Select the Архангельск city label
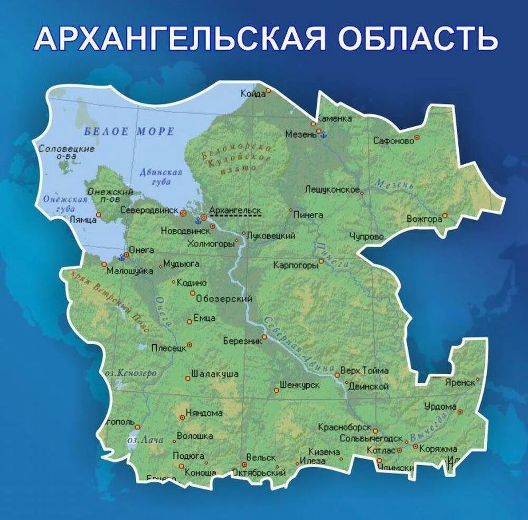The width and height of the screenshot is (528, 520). (235, 210)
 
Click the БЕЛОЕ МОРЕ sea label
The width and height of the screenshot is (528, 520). (129, 131)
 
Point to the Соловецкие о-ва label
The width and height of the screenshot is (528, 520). (67, 152)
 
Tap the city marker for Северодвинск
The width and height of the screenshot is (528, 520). (183, 213)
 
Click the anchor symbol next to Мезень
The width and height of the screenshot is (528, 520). (324, 135)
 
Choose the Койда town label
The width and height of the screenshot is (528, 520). (253, 94)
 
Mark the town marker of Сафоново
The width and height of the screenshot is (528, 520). (417, 137)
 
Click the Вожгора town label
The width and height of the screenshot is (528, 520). (424, 219)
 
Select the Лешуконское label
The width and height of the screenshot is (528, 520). (332, 190)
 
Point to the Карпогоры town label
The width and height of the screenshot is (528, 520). (296, 265)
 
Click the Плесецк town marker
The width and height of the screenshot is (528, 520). (189, 345)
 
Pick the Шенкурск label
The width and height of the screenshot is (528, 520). (299, 385)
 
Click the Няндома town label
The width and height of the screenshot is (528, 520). (204, 413)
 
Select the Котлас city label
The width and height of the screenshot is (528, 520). (381, 450)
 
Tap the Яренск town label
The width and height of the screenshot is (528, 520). (459, 382)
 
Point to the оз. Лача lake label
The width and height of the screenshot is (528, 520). (145, 440)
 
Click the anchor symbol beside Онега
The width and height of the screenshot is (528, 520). (122, 257)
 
